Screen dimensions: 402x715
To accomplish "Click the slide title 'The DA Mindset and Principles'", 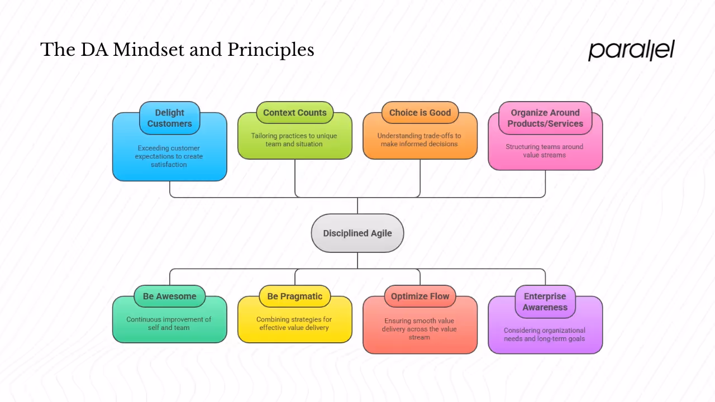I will [177, 50].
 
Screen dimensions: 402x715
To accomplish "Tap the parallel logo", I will [631, 50].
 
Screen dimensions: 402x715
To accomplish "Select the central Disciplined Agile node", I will [357, 233].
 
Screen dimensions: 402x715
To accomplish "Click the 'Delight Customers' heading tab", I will [169, 118].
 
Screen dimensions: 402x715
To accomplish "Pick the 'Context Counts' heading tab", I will [295, 113].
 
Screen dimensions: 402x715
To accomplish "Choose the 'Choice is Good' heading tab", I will [420, 113].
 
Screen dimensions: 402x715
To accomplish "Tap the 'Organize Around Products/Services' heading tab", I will [545, 118].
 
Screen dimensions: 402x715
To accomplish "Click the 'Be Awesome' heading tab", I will [169, 296].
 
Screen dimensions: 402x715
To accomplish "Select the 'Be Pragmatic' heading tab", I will [295, 296].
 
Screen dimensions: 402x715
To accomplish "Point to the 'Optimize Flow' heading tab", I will [420, 296].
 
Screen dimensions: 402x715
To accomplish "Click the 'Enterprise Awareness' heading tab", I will [545, 301].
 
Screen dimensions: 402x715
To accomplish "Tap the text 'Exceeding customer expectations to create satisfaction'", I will [169, 156].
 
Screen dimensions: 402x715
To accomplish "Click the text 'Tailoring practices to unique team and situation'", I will [294, 140].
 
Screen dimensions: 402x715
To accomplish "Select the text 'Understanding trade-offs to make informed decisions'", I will [420, 140].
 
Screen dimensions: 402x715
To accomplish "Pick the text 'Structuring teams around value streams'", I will [545, 151].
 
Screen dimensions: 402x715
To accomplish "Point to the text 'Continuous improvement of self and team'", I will [169, 323].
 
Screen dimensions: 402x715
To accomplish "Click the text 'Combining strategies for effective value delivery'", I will [294, 323].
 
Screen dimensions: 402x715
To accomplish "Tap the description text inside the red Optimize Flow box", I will [420, 329].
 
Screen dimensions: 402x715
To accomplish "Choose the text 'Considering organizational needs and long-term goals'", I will [545, 334].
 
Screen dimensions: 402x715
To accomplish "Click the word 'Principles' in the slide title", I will [271, 50].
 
